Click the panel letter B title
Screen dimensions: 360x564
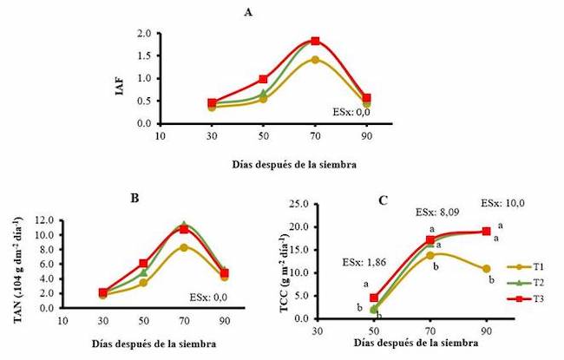(x=134, y=198)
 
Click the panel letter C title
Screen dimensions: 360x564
(x=383, y=200)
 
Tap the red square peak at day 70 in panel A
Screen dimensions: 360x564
(x=315, y=41)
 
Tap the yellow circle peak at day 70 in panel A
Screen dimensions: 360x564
(x=315, y=60)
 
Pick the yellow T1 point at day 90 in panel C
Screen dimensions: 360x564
(x=487, y=269)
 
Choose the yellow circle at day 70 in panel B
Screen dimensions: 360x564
(x=184, y=247)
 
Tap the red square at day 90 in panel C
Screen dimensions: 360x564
(x=487, y=232)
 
